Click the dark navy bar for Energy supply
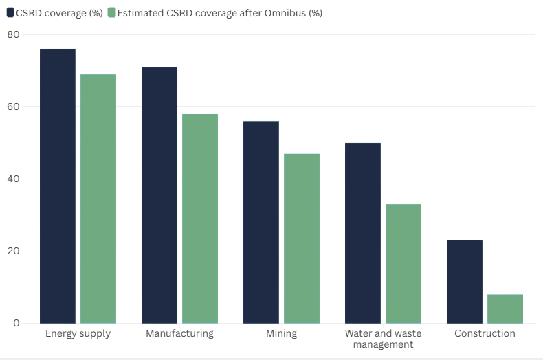pyautogui.click(x=58, y=186)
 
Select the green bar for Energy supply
pyautogui.click(x=98, y=199)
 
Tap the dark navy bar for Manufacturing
pyautogui.click(x=159, y=195)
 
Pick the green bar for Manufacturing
pyautogui.click(x=200, y=218)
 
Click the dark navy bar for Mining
pyautogui.click(x=261, y=222)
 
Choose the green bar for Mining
pyautogui.click(x=302, y=238)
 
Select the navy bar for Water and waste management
pyautogui.click(x=363, y=233)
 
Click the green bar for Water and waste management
pyautogui.click(x=403, y=264)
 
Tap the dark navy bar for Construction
pyautogui.click(x=465, y=282)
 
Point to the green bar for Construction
pyautogui.click(x=505, y=308)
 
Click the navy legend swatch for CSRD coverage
pyautogui.click(x=10, y=12)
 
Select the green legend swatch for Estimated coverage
pyautogui.click(x=111, y=12)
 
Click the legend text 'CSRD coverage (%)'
pyautogui.click(x=59, y=12)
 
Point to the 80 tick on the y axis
pyautogui.click(x=14, y=35)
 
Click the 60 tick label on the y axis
pyautogui.click(x=14, y=107)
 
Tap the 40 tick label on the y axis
pyautogui.click(x=14, y=179)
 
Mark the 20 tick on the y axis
pyautogui.click(x=14, y=251)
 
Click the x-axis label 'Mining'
pyautogui.click(x=281, y=334)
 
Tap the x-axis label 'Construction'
pyautogui.click(x=485, y=334)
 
